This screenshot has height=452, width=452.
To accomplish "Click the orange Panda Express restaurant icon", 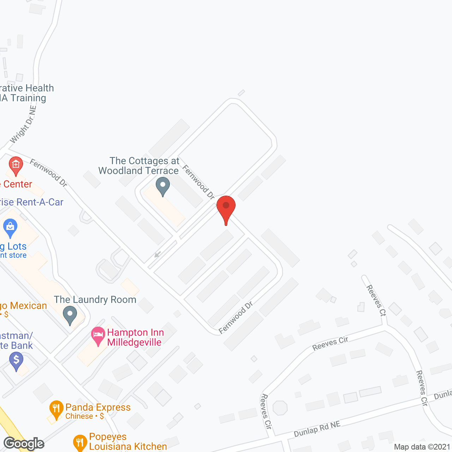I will pos(56,409).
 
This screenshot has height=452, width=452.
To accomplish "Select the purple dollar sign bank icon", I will pos(16,361).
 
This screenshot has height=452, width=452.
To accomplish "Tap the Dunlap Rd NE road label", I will pos(317,429).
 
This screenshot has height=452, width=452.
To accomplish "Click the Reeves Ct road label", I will pos(376,300).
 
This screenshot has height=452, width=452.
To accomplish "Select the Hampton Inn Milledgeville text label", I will pos(135,337).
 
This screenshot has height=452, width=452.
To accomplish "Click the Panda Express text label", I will pos(98,407).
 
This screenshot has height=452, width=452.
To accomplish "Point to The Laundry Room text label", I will pos(95,299).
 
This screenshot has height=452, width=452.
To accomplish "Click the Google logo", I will pos(24,443).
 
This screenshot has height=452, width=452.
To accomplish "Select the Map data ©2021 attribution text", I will pos(422,447).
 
